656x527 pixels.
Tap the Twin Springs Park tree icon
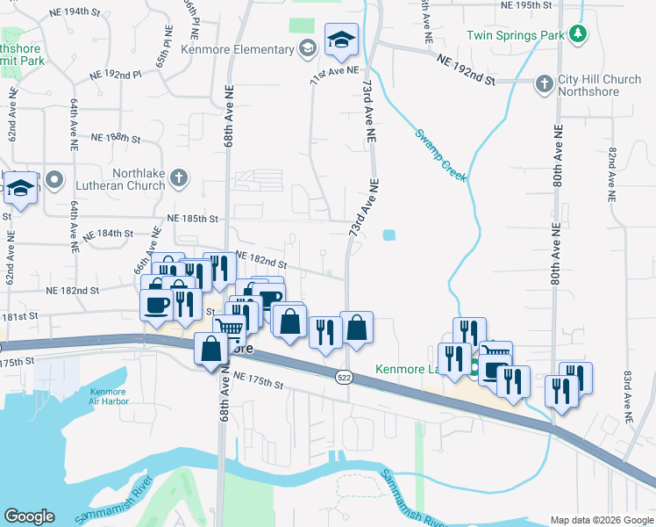pyautogui.click(x=577, y=34)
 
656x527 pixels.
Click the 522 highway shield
pyautogui.click(x=342, y=376)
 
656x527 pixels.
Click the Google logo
pyautogui.click(x=29, y=516)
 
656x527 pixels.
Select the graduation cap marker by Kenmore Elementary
pyautogui.click(x=340, y=39)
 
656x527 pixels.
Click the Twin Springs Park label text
pyautogui.click(x=515, y=35)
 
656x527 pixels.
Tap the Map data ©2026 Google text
pyautogui.click(x=601, y=520)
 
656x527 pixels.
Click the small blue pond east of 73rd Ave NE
pyautogui.click(x=389, y=235)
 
